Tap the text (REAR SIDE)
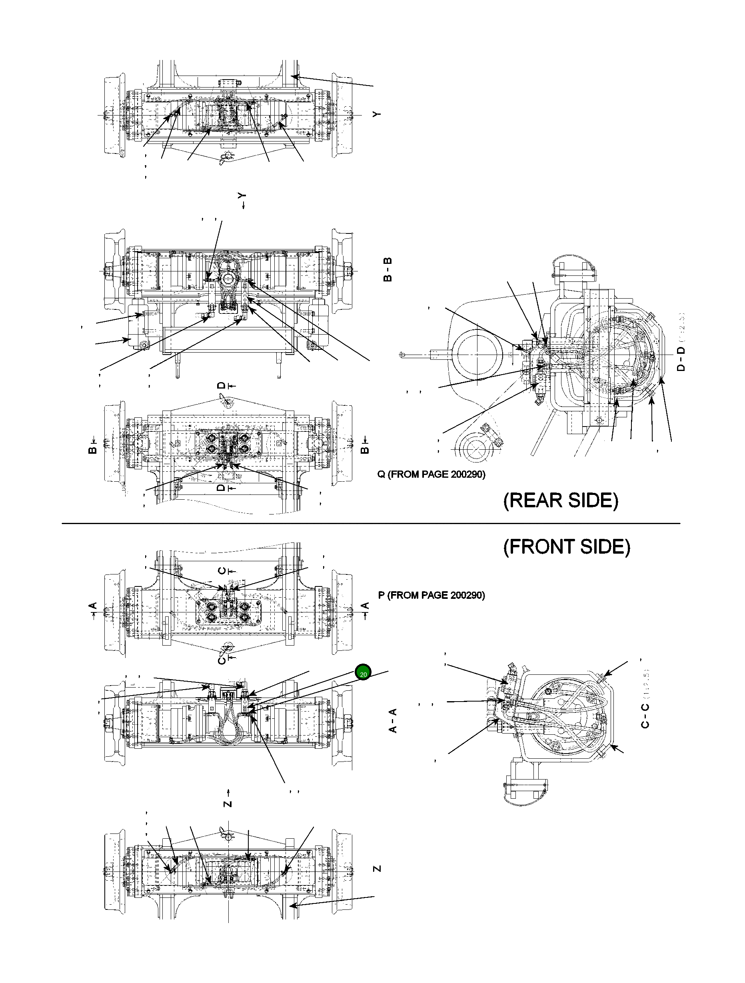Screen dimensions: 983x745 (561, 501)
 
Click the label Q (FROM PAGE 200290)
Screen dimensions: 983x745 (431, 475)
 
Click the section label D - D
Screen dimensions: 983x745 (681, 359)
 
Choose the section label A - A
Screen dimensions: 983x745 (393, 720)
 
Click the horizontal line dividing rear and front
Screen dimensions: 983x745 (371, 524)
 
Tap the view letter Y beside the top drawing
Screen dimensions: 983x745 (377, 114)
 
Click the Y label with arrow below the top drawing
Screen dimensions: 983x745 (242, 200)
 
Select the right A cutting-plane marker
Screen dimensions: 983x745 (365, 606)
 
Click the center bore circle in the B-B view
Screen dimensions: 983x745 (229, 279)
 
